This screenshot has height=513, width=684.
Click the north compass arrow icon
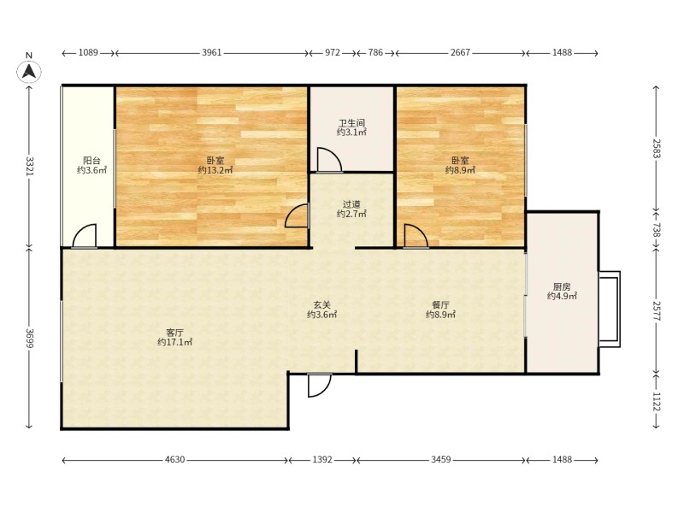click(29, 71)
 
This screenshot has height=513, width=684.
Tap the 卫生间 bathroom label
click(351, 123)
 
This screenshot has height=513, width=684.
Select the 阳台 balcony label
click(91, 161)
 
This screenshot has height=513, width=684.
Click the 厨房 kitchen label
click(562, 286)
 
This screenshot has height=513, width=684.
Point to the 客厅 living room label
click(174, 333)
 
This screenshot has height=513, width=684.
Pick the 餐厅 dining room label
click(440, 304)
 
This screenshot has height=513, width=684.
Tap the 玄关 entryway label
click(322, 305)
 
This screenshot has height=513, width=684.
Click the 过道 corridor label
click(351, 204)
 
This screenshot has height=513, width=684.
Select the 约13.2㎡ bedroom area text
click(215, 170)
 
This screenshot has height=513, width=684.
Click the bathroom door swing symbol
click(329, 160)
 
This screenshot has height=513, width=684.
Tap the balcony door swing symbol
click(84, 236)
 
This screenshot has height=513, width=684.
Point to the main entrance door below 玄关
click(319, 386)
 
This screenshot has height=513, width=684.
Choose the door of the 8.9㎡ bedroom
click(416, 236)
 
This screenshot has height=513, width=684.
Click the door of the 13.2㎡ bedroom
click(297, 215)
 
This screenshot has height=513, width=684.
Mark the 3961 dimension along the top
click(211, 53)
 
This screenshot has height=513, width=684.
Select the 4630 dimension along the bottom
click(175, 459)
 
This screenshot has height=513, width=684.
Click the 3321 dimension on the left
click(29, 166)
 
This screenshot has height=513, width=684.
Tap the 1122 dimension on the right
click(657, 401)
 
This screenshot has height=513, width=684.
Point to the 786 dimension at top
click(375, 53)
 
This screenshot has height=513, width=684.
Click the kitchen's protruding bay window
click(610, 310)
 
